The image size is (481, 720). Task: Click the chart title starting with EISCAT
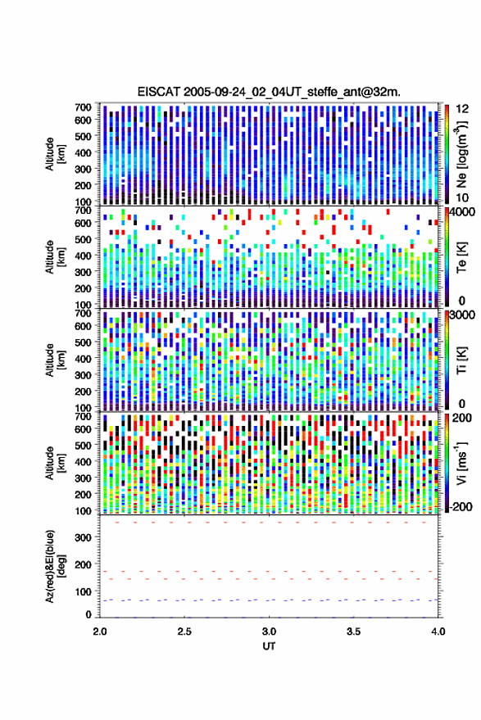click(269, 92)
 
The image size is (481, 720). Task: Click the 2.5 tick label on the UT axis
click(184, 632)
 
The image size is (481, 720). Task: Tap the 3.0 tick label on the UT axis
click(270, 632)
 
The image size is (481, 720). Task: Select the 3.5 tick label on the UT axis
click(354, 632)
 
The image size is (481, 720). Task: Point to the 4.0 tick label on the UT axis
click(438, 632)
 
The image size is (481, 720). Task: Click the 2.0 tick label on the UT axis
click(100, 632)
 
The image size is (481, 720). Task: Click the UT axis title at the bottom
click(269, 646)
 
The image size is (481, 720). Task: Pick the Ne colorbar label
click(461, 154)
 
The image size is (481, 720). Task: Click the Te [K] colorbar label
click(461, 258)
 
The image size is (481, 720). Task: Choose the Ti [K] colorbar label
click(461, 360)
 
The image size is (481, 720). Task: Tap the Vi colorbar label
click(461, 463)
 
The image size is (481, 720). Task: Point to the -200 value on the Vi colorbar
click(461, 507)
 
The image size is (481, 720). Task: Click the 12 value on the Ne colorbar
click(463, 109)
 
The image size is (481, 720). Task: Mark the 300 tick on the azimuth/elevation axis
click(83, 537)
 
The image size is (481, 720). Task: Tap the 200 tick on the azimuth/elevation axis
click(83, 565)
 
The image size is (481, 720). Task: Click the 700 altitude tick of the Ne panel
click(83, 107)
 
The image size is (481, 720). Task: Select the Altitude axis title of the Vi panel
click(50, 463)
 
